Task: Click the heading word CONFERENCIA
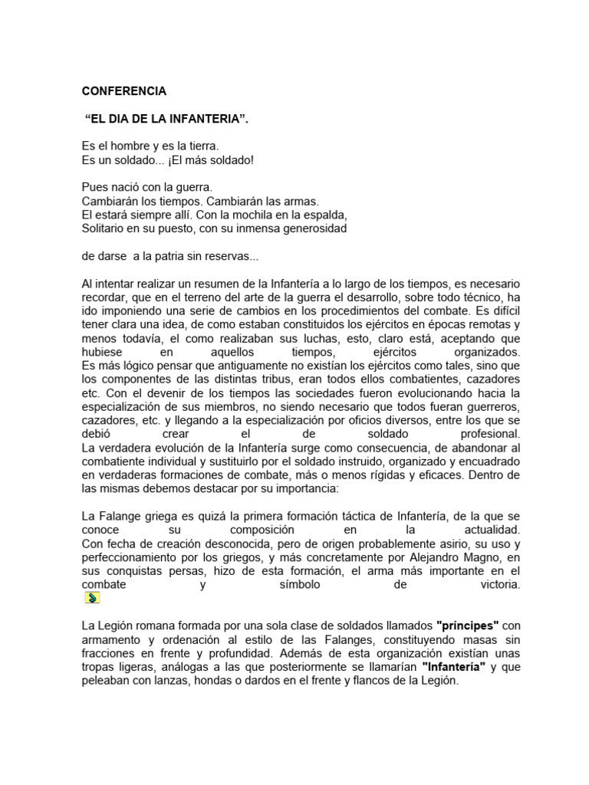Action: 123,90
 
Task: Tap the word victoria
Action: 496,585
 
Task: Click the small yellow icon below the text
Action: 91,598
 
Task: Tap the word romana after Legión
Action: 156,626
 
